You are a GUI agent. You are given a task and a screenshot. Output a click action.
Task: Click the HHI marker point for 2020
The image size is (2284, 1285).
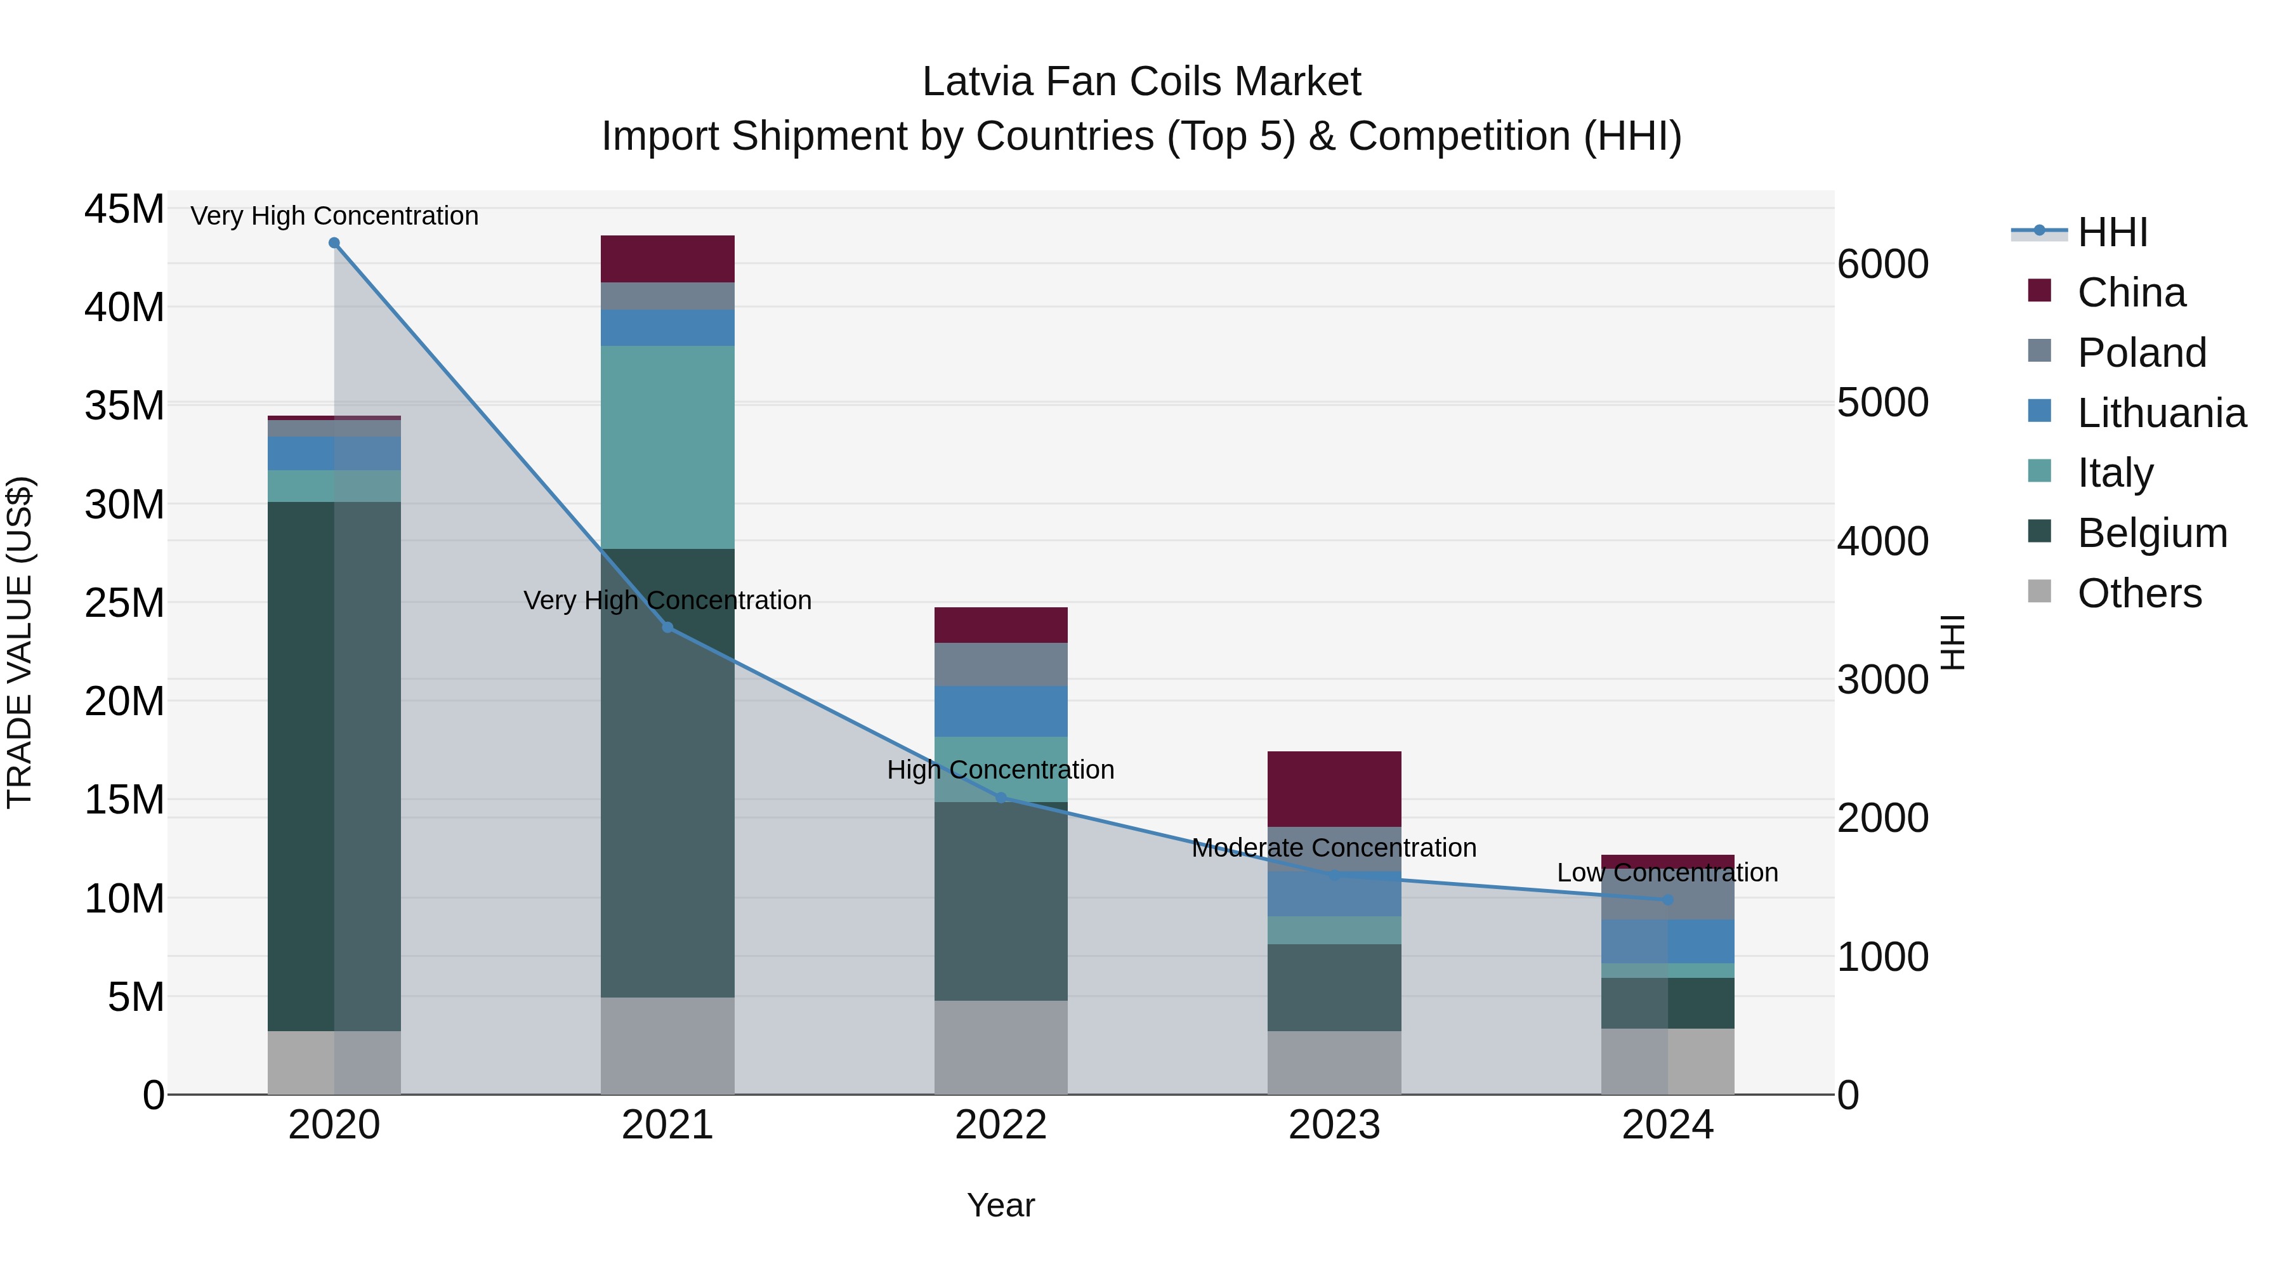[334, 243]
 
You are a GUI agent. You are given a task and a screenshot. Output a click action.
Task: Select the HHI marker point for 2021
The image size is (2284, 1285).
[667, 628]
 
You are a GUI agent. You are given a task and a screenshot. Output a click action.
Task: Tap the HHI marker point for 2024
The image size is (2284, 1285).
[1668, 900]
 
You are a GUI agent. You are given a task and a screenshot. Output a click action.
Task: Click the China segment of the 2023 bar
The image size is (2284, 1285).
[1334, 789]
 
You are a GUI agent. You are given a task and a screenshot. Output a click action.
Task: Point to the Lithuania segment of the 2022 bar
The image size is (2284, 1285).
[1001, 711]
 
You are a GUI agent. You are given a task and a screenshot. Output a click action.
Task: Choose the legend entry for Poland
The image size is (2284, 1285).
[2141, 353]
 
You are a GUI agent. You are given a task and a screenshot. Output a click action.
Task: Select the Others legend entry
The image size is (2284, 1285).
[2139, 593]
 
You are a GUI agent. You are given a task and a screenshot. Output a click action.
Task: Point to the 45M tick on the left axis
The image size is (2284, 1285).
[124, 209]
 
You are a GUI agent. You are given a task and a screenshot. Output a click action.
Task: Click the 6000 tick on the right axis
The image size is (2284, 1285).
[1882, 264]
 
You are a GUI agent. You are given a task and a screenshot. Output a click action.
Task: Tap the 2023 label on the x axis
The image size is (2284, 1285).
[1334, 1125]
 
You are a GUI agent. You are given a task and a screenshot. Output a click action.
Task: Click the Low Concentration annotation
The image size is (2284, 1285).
[1668, 873]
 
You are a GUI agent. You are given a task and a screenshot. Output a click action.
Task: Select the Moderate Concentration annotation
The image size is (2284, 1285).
[1334, 848]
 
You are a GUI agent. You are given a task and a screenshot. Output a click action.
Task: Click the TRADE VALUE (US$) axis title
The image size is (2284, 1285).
[20, 642]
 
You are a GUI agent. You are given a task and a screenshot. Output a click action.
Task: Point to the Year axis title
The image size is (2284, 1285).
[1001, 1205]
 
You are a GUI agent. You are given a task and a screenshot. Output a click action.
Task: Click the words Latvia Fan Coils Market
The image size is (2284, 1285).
[1141, 82]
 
